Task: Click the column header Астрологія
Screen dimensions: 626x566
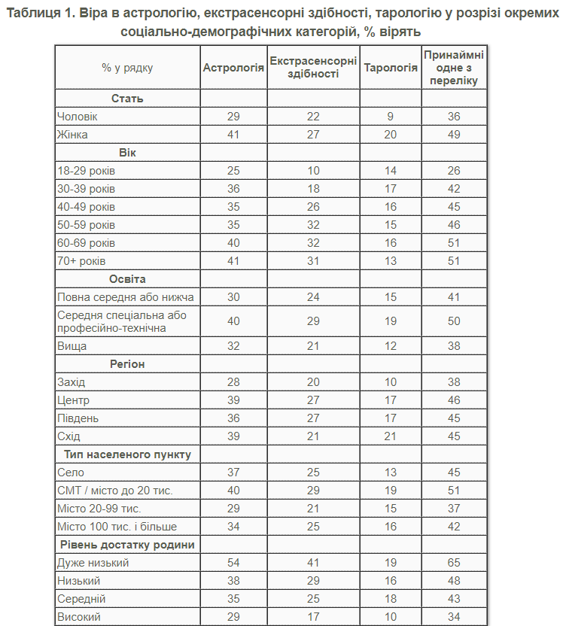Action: point(233,68)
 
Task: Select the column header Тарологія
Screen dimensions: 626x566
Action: point(391,68)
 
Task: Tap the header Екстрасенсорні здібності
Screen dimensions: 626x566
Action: point(313,68)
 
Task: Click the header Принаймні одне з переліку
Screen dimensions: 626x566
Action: point(453,68)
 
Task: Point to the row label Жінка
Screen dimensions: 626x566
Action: point(72,135)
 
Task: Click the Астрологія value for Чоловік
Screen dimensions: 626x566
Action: point(233,117)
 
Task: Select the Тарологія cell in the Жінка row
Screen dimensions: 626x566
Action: point(390,135)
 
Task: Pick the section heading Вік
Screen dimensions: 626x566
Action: point(127,153)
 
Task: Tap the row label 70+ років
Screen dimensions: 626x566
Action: point(81,261)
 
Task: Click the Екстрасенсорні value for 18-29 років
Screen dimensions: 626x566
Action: point(313,171)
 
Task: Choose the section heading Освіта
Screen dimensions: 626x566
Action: point(127,279)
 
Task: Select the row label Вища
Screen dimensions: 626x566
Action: point(72,346)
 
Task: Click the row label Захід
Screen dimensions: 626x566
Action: point(72,382)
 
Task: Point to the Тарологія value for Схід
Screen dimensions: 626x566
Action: point(390,436)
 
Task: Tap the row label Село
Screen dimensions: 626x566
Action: point(70,473)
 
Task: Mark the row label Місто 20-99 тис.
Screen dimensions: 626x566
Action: point(99,509)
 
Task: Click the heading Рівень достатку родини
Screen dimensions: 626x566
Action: point(127,545)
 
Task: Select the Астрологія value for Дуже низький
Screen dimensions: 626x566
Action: point(233,563)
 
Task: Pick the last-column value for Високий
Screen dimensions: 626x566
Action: point(453,617)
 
